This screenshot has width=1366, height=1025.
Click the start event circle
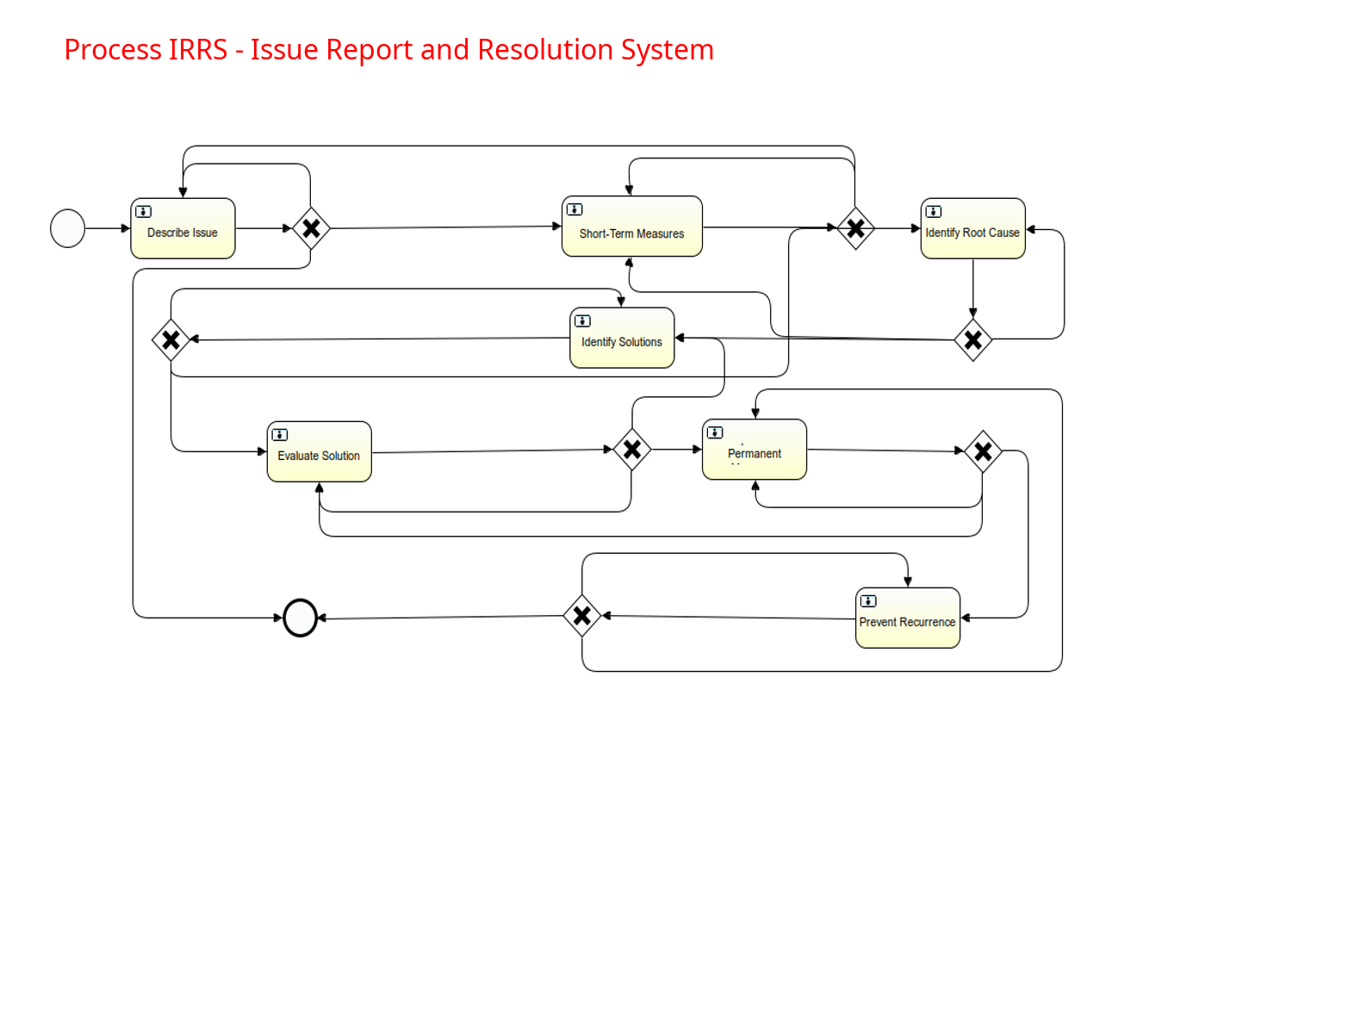tap(68, 229)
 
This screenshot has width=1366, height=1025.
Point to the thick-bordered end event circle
tap(301, 618)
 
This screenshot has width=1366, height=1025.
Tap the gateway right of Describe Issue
tap(311, 229)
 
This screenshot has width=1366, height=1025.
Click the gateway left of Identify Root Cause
tap(855, 229)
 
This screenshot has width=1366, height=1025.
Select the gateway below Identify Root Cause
tap(973, 340)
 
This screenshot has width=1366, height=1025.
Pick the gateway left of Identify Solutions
tap(171, 340)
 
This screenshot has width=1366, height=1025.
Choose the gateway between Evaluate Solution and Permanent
tap(632, 450)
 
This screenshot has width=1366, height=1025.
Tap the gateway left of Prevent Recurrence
tap(582, 616)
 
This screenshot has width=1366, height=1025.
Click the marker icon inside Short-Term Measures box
tap(574, 209)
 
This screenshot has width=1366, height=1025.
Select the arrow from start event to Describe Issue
tap(108, 229)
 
